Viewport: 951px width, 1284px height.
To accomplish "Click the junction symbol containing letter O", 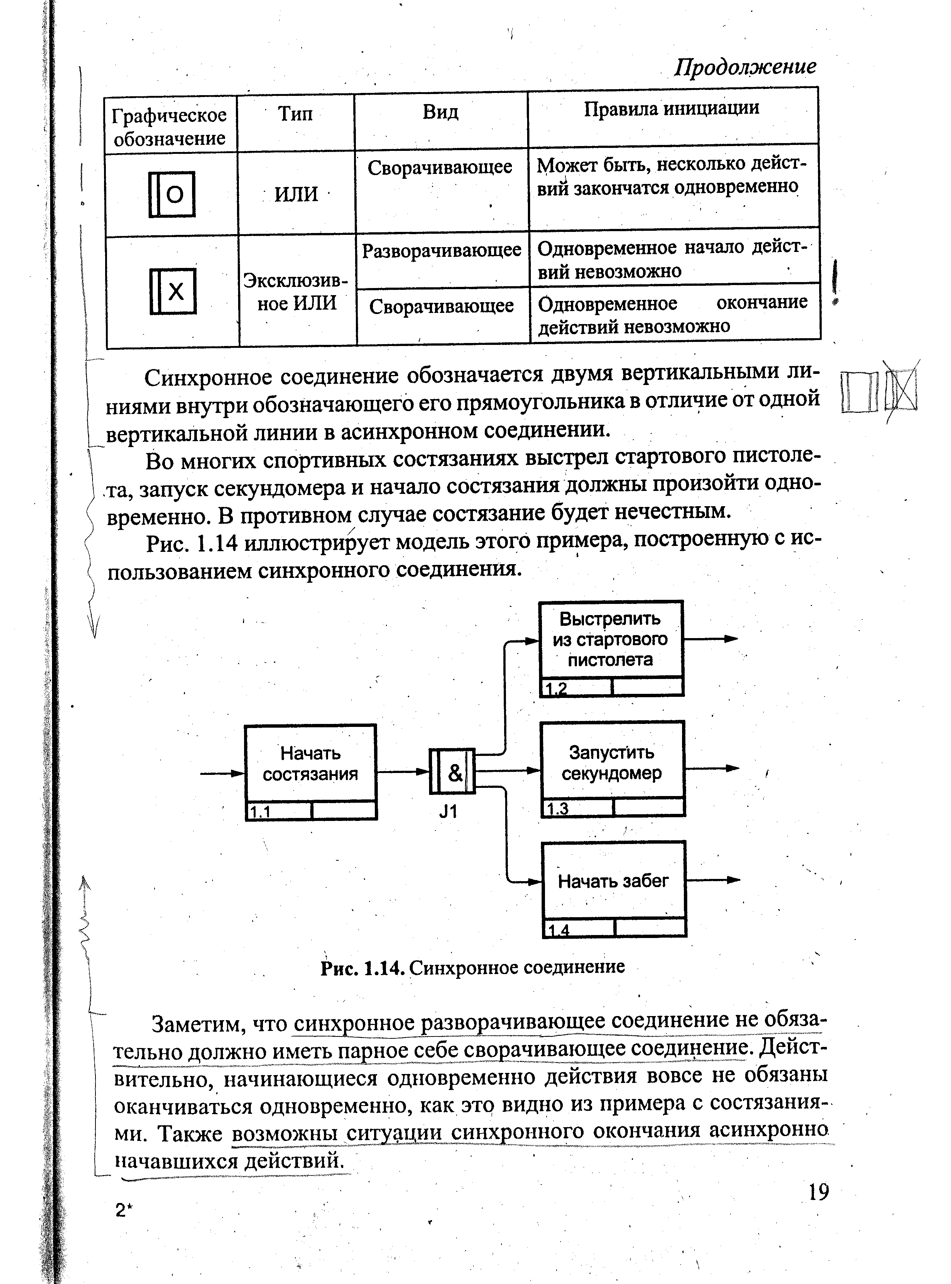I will pyautogui.click(x=172, y=195).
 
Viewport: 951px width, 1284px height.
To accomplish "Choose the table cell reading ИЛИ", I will pyautogui.click(x=296, y=194).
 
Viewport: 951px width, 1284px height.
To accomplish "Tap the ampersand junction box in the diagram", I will pyautogui.click(x=452, y=772).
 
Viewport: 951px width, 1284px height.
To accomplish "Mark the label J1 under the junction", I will pyautogui.click(x=448, y=812).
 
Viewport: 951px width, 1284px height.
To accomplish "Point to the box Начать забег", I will pyautogui.click(x=614, y=881).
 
